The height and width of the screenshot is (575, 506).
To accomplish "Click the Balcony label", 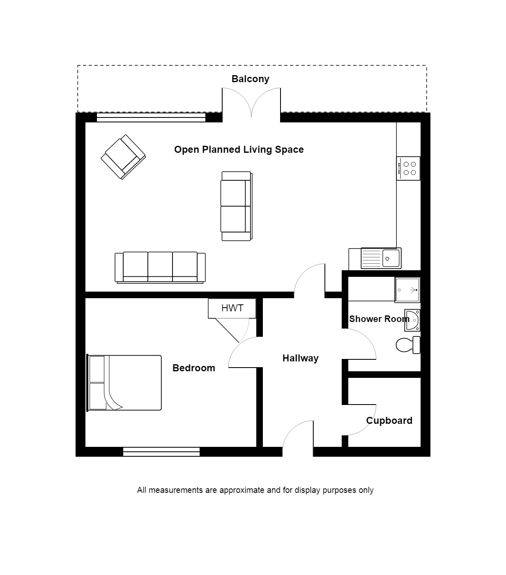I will click(x=250, y=79).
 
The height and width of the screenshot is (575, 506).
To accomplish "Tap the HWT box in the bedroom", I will click(x=232, y=308).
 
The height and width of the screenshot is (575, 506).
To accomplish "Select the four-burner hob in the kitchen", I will click(x=408, y=168).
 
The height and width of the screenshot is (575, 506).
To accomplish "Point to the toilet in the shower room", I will click(x=407, y=345).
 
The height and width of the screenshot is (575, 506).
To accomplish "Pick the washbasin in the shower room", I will click(x=412, y=320).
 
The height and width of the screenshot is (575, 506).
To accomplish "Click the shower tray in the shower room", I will click(x=407, y=290).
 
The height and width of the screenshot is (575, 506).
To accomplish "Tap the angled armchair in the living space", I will click(x=123, y=157).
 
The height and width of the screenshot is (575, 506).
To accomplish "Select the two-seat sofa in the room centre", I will click(x=236, y=206).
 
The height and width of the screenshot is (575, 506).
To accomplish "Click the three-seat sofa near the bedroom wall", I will click(x=160, y=267).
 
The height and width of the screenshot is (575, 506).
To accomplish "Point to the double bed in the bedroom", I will click(x=125, y=383).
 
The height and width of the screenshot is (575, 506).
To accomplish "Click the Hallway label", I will click(x=300, y=358).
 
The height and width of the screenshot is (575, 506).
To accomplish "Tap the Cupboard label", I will click(x=389, y=421).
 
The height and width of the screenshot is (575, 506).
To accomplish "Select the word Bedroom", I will click(x=193, y=368).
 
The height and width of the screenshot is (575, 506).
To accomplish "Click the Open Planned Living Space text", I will click(x=239, y=149).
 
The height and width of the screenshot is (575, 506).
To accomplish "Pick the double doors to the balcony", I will click(x=251, y=103).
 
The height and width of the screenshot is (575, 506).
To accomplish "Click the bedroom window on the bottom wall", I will click(x=161, y=452).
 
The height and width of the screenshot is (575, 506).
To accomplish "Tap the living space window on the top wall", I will click(x=151, y=117).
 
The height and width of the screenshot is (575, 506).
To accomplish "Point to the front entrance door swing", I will click(x=298, y=438).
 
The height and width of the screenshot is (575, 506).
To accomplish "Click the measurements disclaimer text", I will click(x=255, y=490).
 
